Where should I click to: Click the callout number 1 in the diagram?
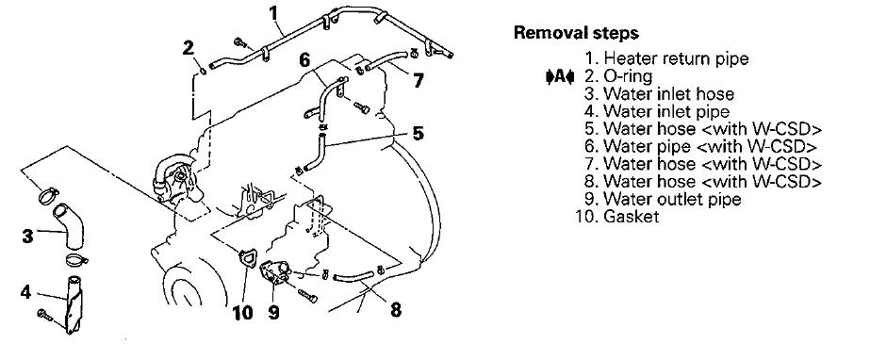273,12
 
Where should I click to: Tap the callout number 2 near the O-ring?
189,48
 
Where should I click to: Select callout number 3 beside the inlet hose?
27,236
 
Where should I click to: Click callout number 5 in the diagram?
418,133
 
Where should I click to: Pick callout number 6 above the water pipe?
305,60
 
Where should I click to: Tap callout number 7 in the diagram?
418,81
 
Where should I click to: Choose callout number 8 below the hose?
396,309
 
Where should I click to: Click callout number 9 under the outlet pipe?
273,312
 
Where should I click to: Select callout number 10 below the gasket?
242,313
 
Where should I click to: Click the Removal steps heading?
576,33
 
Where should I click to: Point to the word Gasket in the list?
631,217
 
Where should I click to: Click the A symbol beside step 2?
559,76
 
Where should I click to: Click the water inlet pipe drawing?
73,304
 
